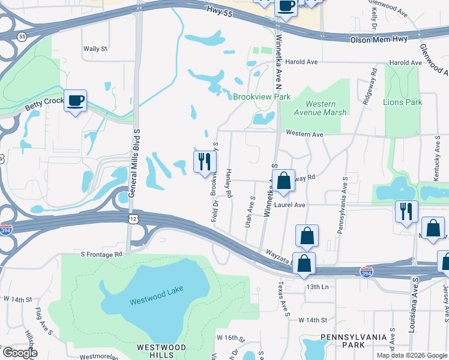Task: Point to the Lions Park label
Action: point(402,102)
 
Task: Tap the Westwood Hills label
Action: point(161,352)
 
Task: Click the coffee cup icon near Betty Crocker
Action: point(76,101)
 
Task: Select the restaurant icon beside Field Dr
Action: point(204,161)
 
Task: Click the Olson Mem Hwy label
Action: point(379,39)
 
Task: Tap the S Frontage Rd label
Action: point(101,254)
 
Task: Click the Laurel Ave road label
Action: point(290,205)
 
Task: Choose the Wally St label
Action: point(95,49)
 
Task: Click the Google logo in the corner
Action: point(20,353)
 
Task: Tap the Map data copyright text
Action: point(412,355)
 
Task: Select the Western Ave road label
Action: point(305,133)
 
